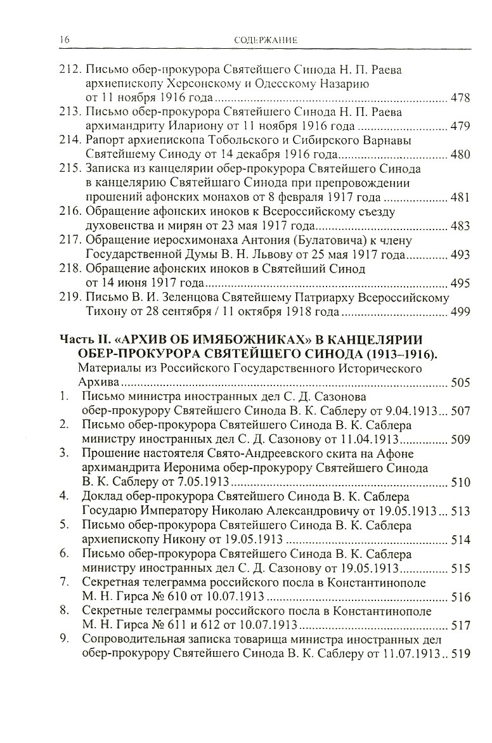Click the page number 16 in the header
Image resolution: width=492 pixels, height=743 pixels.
coord(61,40)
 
